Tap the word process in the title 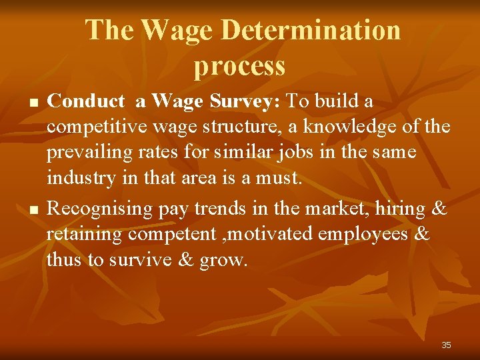[240, 65]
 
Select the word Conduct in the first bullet [87, 101]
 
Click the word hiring [399, 209]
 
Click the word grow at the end [223, 261]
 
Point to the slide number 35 [446, 345]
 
